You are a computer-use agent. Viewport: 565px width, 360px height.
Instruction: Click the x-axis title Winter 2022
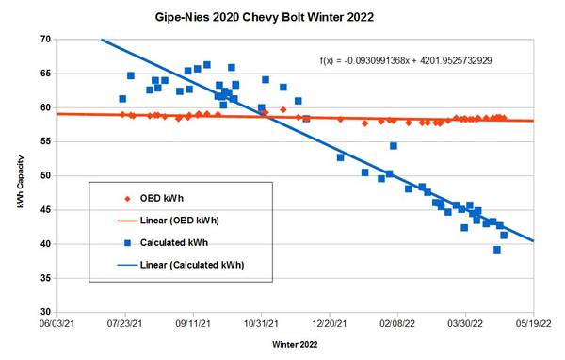295,345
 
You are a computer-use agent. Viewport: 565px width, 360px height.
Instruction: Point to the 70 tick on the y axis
45,40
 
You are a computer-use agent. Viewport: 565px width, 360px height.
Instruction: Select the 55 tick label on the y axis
45,141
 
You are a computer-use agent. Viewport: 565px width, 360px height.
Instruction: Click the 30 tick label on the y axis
45,312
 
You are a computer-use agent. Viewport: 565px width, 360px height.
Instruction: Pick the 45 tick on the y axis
45,209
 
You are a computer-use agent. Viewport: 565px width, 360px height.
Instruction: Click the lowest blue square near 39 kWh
496,250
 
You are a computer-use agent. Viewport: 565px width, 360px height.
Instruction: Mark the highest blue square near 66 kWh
207,65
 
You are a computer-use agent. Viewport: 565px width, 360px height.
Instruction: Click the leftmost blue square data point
122,99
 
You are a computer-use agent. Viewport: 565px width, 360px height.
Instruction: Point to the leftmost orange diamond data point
122,115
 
